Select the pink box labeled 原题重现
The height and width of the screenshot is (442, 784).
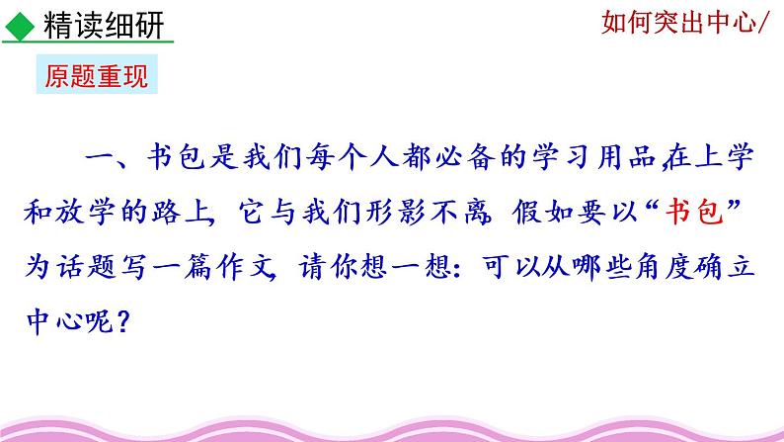click(x=97, y=76)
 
